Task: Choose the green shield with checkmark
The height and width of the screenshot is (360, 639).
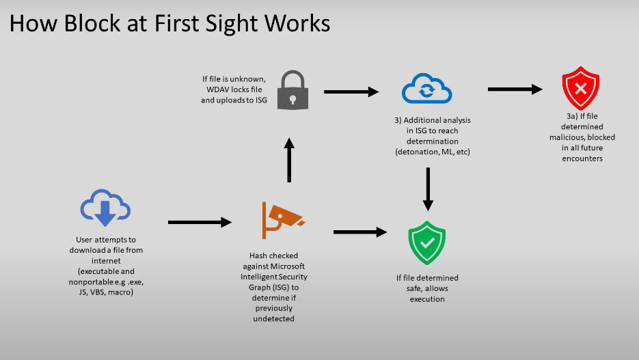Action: coord(427,243)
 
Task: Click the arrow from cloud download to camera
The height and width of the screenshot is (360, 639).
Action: coord(200,222)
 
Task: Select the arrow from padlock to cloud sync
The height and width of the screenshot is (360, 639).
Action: coord(351,91)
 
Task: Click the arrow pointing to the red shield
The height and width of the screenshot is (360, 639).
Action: coord(515,89)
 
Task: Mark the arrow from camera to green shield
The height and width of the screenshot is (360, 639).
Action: coord(359,232)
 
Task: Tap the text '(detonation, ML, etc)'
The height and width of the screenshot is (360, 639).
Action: coord(432,152)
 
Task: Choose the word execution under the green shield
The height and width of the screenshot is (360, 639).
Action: coord(427,299)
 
